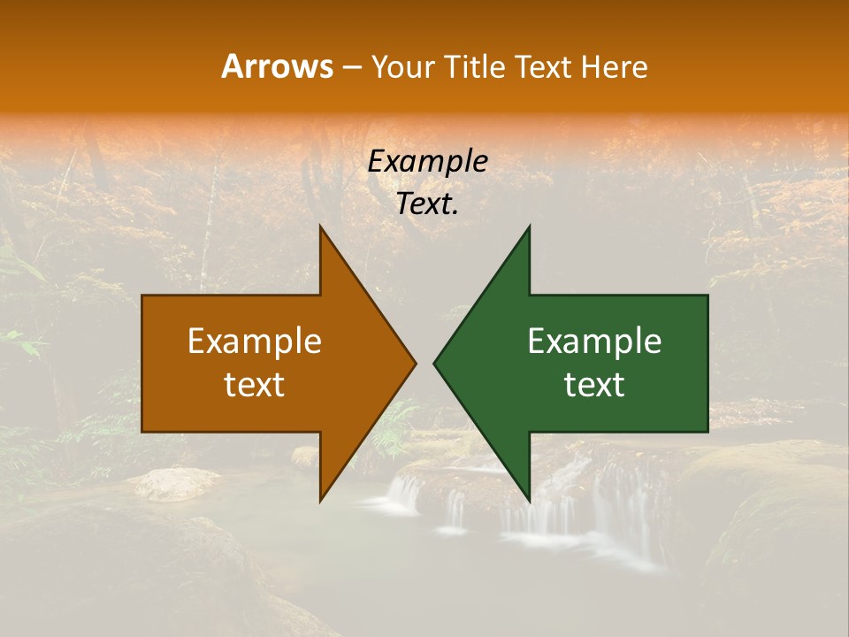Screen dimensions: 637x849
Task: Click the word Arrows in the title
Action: pyautogui.click(x=277, y=66)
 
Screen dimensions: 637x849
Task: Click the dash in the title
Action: pyautogui.click(x=350, y=67)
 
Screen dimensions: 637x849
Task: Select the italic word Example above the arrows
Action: pyautogui.click(x=427, y=161)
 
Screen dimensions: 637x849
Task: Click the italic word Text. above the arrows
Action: pyautogui.click(x=427, y=204)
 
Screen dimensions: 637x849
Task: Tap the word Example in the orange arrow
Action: pyautogui.click(x=255, y=342)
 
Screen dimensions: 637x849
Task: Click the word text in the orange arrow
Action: pyautogui.click(x=255, y=385)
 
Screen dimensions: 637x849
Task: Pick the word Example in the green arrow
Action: pyautogui.click(x=594, y=342)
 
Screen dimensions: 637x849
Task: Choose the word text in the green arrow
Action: pyautogui.click(x=594, y=385)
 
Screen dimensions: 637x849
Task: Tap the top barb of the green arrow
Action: pyautogui.click(x=527, y=234)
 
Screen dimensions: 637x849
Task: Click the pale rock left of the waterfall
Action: pyautogui.click(x=177, y=483)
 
